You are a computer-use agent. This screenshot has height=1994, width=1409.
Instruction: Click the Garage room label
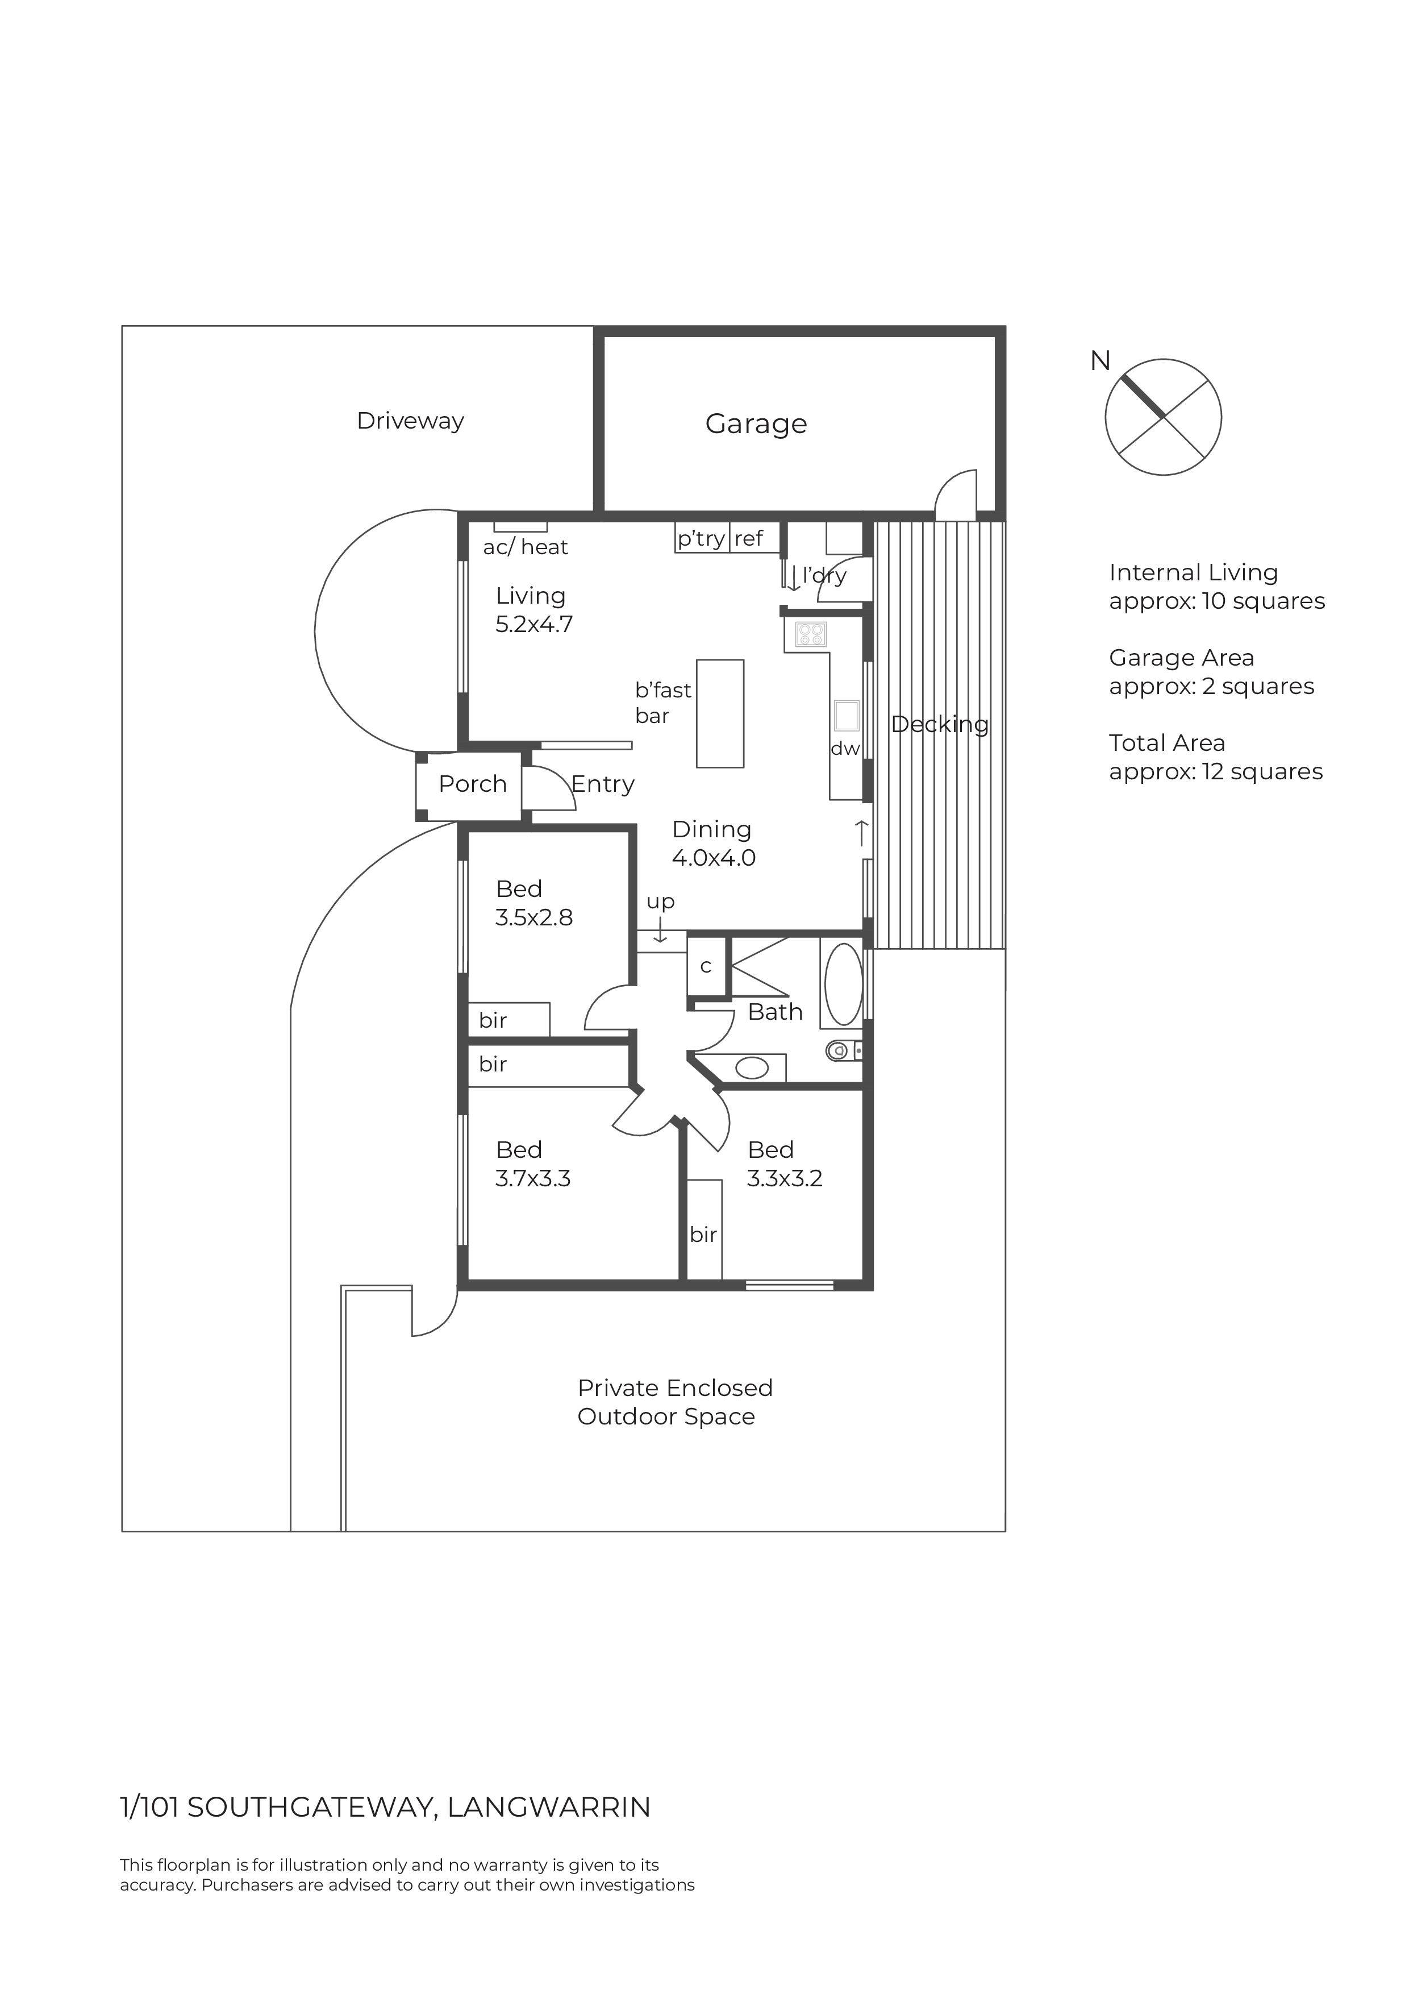pos(755,424)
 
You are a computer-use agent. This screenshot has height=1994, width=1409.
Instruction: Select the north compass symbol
pos(1162,417)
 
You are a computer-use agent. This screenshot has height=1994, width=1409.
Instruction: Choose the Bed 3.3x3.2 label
pos(784,1164)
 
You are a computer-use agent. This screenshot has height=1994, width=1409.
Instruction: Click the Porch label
pos(472,784)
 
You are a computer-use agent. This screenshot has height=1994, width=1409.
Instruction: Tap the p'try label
pos(701,538)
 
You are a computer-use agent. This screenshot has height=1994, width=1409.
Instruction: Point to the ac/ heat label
pos(525,547)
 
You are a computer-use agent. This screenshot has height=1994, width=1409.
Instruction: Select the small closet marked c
pos(706,966)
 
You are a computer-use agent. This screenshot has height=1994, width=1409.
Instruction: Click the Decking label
pos(939,724)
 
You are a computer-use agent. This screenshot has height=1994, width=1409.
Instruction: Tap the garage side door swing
pos(957,495)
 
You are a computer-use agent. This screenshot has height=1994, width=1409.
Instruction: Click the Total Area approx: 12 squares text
pos(1215,757)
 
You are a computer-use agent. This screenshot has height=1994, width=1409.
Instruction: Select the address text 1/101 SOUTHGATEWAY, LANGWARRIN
pos(385,1808)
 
